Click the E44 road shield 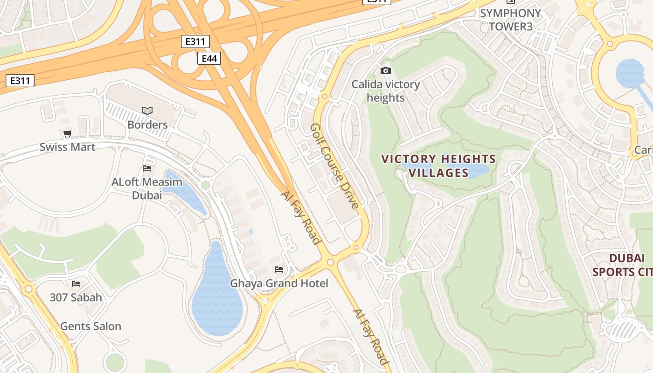[x=208, y=58]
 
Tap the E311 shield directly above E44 [x=195, y=41]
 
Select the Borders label [x=147, y=124]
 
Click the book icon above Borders [x=147, y=111]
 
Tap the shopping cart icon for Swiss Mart [x=67, y=134]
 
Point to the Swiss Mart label [x=67, y=147]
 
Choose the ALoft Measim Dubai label [x=147, y=188]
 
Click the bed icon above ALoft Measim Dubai [x=147, y=168]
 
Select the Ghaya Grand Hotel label [x=279, y=283]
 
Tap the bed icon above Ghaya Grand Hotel [x=279, y=269]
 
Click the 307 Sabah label [x=76, y=297]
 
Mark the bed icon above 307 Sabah [x=76, y=283]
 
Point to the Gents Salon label [x=90, y=326]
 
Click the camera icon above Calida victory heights [x=386, y=70]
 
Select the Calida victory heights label [x=386, y=91]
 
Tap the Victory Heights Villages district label [x=438, y=166]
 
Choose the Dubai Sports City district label [x=625, y=265]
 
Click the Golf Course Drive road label [x=335, y=166]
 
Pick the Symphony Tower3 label [x=510, y=20]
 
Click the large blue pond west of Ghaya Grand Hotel [x=216, y=298]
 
